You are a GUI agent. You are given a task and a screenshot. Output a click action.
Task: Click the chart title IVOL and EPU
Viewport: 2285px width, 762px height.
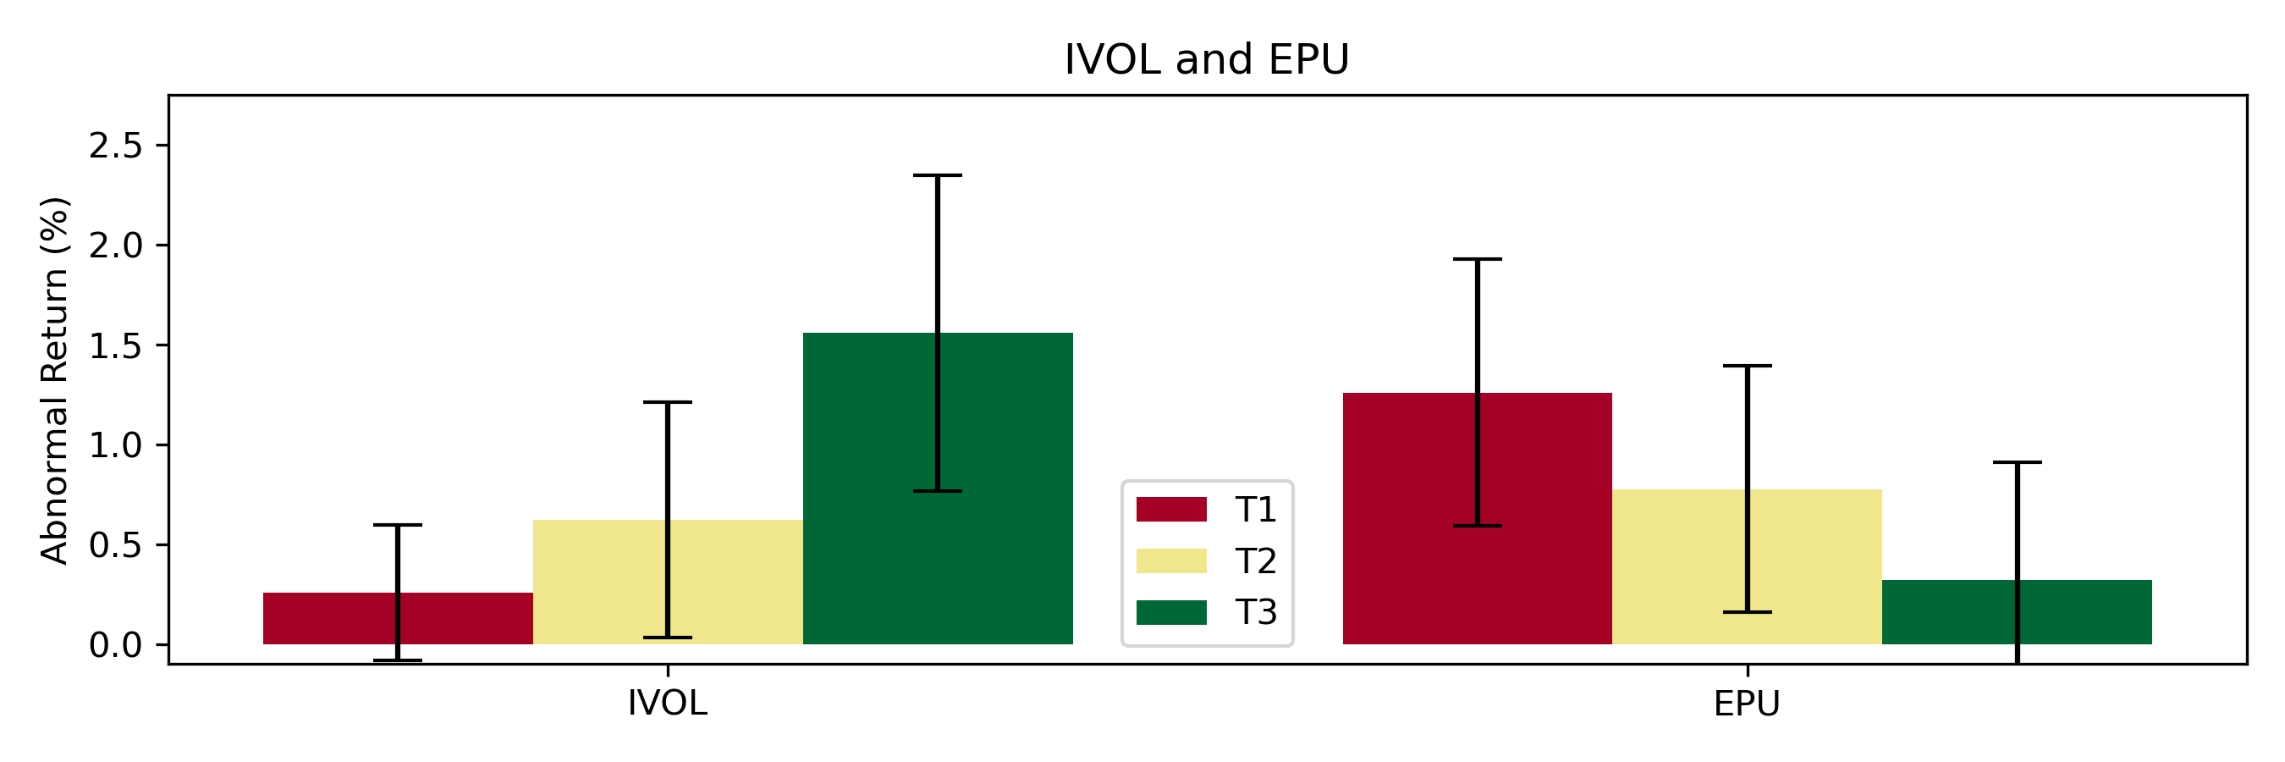pyautogui.click(x=1206, y=59)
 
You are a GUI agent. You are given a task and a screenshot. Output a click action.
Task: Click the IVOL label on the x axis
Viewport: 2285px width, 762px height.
pyautogui.click(x=667, y=704)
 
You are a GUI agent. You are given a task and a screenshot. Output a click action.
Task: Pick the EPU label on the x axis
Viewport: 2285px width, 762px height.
pyautogui.click(x=1747, y=704)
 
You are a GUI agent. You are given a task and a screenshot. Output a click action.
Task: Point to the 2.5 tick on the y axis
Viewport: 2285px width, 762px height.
pyautogui.click(x=115, y=146)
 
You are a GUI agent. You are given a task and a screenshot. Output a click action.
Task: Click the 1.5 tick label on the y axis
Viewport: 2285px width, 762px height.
pyautogui.click(x=115, y=345)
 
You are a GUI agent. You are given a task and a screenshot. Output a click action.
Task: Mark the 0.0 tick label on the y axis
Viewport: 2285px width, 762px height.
pyautogui.click(x=115, y=645)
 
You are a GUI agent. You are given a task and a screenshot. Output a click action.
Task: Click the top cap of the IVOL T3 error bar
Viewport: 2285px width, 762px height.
pyautogui.click(x=938, y=175)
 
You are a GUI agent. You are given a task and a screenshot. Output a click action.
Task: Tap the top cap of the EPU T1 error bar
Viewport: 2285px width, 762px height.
pyautogui.click(x=1477, y=259)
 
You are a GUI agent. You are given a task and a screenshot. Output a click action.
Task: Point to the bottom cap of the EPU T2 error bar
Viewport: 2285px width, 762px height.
pyautogui.click(x=1747, y=612)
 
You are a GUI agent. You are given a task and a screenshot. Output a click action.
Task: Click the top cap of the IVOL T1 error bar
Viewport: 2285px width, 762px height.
pyautogui.click(x=398, y=525)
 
